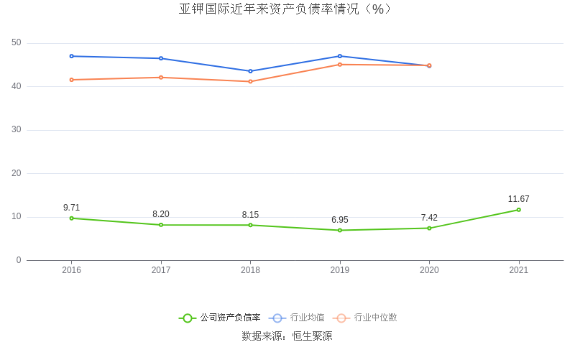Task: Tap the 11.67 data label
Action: point(518,199)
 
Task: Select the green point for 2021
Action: point(518,210)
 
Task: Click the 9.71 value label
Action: point(71,208)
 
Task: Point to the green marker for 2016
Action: point(71,218)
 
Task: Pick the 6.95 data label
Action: point(340,220)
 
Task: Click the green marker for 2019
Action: point(340,230)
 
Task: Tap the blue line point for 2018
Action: point(250,71)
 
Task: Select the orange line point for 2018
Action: point(250,81)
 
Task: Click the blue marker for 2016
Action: point(71,56)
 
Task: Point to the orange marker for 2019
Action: point(340,65)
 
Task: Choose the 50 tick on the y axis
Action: point(17,43)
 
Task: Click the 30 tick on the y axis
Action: point(17,130)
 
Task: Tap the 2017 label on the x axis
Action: point(161,270)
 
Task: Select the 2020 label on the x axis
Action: point(429,270)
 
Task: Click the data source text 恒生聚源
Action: point(312,336)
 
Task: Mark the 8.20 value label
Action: point(161,214)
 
